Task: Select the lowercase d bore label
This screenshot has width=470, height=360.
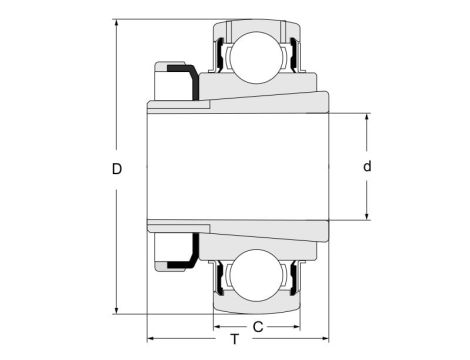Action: [367, 167]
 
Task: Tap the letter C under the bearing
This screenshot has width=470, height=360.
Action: [257, 326]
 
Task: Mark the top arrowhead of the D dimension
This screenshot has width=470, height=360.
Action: [119, 23]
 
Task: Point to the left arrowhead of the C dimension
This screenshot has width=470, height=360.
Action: [216, 326]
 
